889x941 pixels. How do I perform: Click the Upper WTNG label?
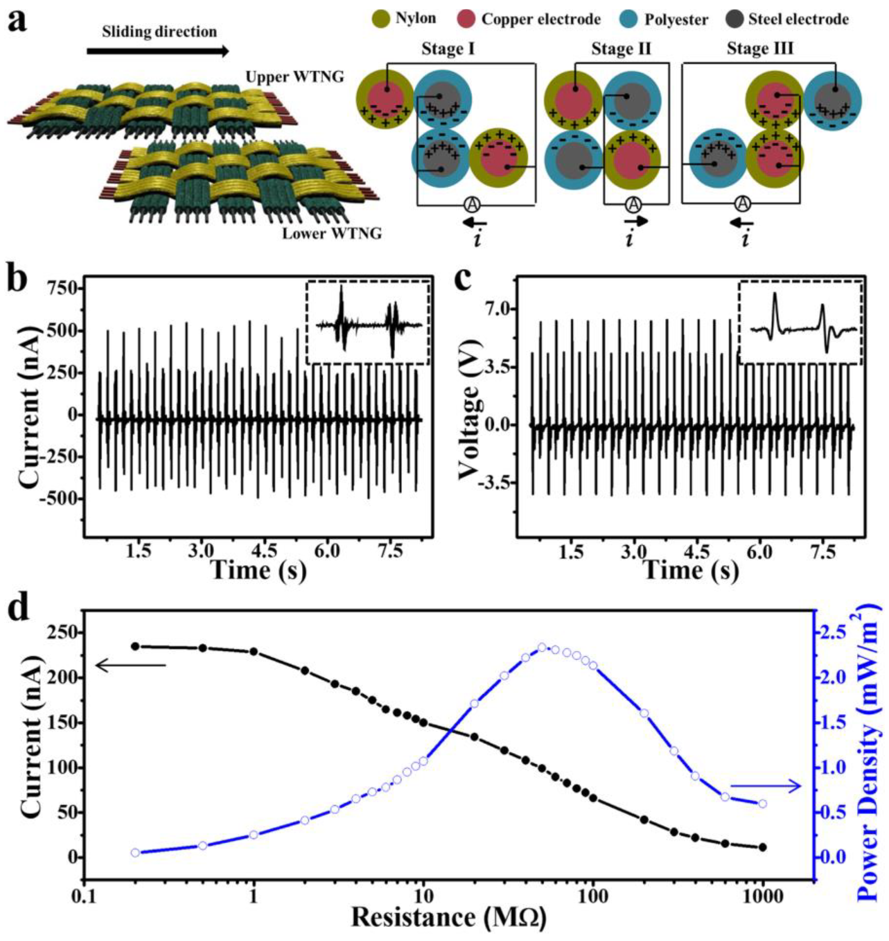click(x=295, y=77)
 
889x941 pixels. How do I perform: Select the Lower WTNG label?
click(x=332, y=234)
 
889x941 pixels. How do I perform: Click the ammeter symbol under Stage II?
click(x=633, y=204)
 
